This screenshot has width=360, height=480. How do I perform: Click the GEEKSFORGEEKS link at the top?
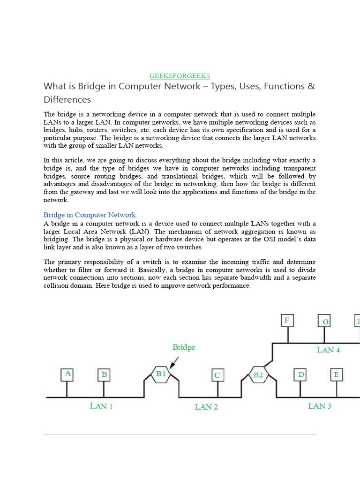180,75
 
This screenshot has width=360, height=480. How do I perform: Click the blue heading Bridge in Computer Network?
90,215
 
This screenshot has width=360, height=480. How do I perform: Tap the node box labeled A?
68,374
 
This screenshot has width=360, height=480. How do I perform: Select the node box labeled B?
104,375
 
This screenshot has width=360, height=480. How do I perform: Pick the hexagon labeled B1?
161,374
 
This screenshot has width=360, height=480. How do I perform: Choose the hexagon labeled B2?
258,375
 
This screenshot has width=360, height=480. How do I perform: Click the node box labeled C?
217,375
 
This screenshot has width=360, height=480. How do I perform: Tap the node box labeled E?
336,375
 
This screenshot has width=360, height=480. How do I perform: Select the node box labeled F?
287,321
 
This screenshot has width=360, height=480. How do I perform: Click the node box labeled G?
324,322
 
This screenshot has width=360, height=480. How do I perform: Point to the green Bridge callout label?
184,347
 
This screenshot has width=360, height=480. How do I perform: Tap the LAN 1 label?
101,406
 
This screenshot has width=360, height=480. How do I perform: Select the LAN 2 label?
206,407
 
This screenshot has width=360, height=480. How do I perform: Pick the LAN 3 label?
320,406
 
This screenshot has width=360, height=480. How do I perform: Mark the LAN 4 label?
328,350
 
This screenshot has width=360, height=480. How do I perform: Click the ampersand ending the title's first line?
312,87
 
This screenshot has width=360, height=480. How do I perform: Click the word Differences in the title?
67,99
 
